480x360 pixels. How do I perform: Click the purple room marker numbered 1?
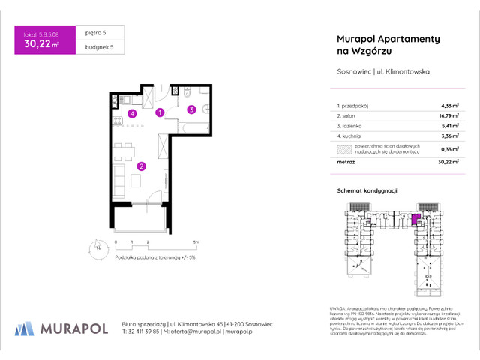159,113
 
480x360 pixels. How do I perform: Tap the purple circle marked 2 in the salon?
141,166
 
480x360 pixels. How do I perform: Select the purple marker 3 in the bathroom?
191,109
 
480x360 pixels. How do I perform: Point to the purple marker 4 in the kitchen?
131,114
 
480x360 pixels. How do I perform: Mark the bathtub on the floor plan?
192,129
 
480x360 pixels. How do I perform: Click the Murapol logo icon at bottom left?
25,328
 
